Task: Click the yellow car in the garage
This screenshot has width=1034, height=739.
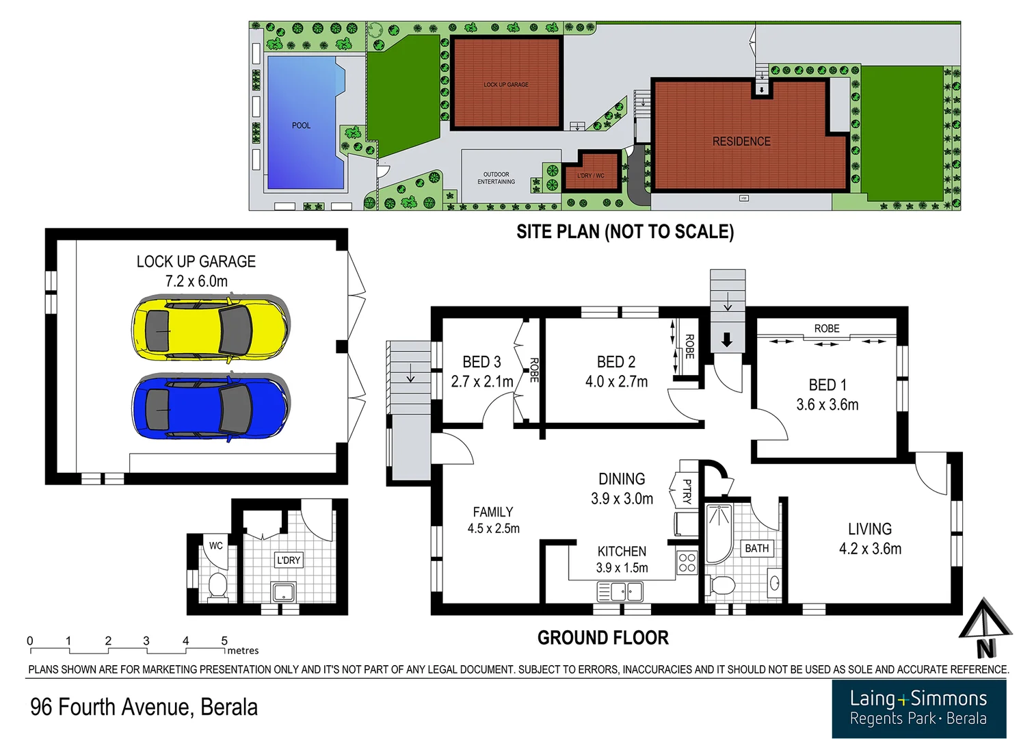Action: pos(210,328)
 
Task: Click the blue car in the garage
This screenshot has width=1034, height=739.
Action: pos(210,409)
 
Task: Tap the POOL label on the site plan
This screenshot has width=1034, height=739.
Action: pos(301,126)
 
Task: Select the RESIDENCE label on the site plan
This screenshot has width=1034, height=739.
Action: pos(741,142)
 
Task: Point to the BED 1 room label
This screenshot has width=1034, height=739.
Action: pos(827,385)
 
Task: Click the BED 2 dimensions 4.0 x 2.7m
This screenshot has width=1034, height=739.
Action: pos(616,382)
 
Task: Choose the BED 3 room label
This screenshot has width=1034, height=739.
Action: pos(481,362)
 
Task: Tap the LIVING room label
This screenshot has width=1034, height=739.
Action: pos(870,529)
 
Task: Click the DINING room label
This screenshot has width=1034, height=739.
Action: pos(622,479)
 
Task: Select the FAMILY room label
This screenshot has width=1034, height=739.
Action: pos(492,512)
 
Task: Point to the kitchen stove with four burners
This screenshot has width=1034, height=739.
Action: pos(687,563)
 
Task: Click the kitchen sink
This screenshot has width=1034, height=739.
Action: pos(620,591)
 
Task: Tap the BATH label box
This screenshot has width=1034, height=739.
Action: pos(757,549)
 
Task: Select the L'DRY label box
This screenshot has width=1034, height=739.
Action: pos(288,560)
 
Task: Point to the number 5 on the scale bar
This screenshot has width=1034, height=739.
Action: pos(224,641)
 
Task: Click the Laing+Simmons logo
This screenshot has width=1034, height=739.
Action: pos(918,708)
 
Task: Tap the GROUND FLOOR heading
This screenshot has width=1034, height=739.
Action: pos(602,638)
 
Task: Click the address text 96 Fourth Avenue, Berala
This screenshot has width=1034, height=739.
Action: pos(144,707)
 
